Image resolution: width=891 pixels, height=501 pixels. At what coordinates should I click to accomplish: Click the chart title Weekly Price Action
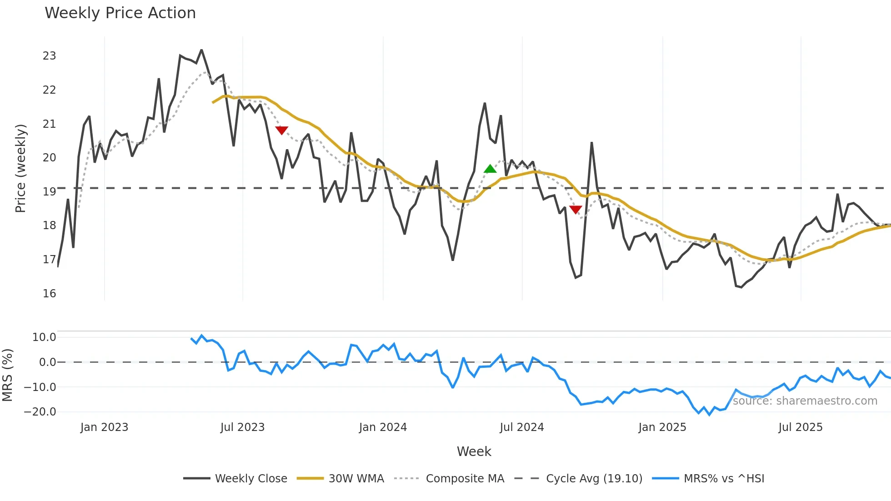[120, 13]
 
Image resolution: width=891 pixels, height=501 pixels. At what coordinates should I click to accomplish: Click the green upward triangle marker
[490, 169]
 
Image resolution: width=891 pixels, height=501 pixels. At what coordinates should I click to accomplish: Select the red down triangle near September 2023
[282, 130]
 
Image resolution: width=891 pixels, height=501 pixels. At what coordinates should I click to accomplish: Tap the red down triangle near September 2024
[576, 210]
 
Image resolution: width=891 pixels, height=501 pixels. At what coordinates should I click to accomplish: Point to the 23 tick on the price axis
[49, 56]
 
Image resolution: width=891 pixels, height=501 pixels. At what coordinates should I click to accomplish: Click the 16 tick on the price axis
[49, 294]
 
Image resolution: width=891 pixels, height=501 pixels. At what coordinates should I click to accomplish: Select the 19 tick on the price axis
[49, 192]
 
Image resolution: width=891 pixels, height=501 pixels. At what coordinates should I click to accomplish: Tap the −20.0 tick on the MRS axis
[40, 412]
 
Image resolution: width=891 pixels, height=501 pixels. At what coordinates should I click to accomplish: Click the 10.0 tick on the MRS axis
[44, 337]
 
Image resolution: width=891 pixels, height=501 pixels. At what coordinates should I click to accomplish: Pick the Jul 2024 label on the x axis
[522, 427]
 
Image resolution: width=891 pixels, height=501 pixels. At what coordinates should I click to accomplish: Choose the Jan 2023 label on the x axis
[104, 427]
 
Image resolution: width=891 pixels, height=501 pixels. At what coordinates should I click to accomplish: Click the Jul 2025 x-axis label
[801, 427]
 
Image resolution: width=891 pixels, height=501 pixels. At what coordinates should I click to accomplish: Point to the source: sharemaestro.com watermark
[805, 401]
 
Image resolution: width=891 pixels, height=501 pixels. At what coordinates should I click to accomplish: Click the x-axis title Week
[474, 451]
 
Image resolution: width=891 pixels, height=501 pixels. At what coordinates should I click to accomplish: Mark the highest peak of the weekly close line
[201, 50]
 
